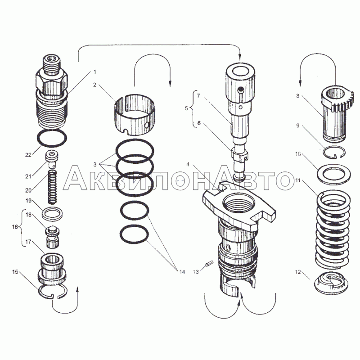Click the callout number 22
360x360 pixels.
pyautogui.click(x=28, y=155)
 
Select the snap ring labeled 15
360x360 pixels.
pyautogui.click(x=53, y=291)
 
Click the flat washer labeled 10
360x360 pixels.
pyautogui.click(x=333, y=174)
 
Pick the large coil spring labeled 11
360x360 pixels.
pyautogui.click(x=333, y=229)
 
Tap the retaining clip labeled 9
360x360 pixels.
pyautogui.click(x=334, y=153)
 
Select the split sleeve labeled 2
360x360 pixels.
pyautogui.click(x=135, y=114)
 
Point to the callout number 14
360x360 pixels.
pyautogui.click(x=182, y=272)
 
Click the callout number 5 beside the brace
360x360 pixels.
pyautogui.click(x=186, y=108)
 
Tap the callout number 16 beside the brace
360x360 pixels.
pyautogui.click(x=15, y=227)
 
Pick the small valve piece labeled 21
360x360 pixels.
pyautogui.click(x=52, y=158)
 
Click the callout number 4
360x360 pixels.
pyautogui.click(x=188, y=164)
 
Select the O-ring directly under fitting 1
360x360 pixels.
pyautogui.click(x=52, y=138)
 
